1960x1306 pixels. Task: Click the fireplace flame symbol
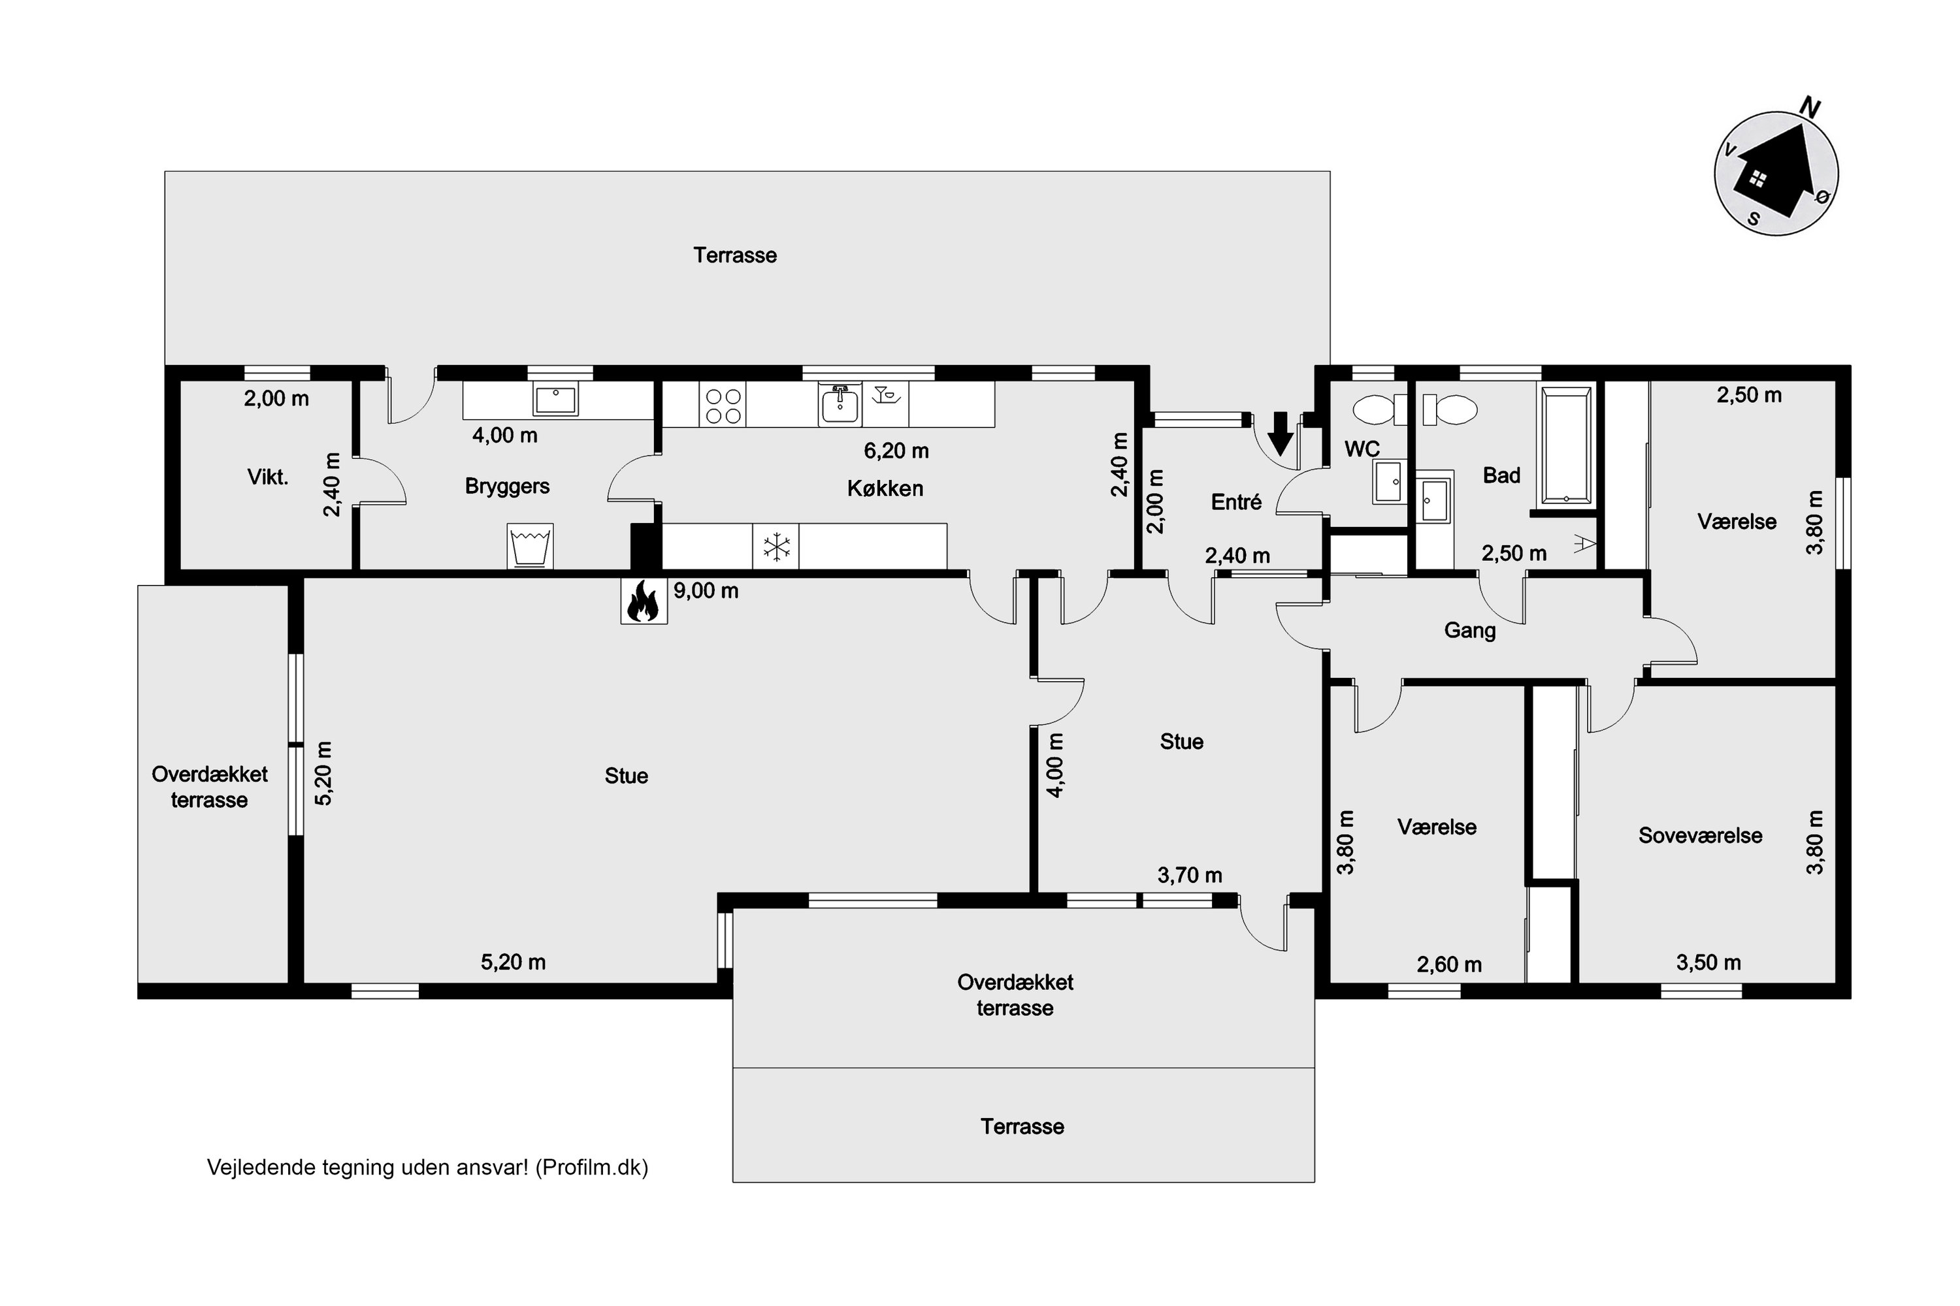[644, 601]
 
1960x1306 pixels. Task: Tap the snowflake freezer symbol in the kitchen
[776, 547]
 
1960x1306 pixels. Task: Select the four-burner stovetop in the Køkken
[723, 406]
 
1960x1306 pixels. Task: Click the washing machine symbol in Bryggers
[530, 547]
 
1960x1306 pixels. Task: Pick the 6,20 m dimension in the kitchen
[896, 451]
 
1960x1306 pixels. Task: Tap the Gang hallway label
[1469, 631]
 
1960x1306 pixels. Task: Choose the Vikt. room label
[267, 477]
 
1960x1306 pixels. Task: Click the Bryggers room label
[507, 486]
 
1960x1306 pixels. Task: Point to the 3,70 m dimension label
[1189, 876]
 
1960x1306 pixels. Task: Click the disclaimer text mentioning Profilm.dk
[427, 1167]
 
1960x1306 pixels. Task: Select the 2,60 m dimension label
[1449, 964]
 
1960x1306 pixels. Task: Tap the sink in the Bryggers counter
[555, 400]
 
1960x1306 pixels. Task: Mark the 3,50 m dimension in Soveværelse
[1708, 963]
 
